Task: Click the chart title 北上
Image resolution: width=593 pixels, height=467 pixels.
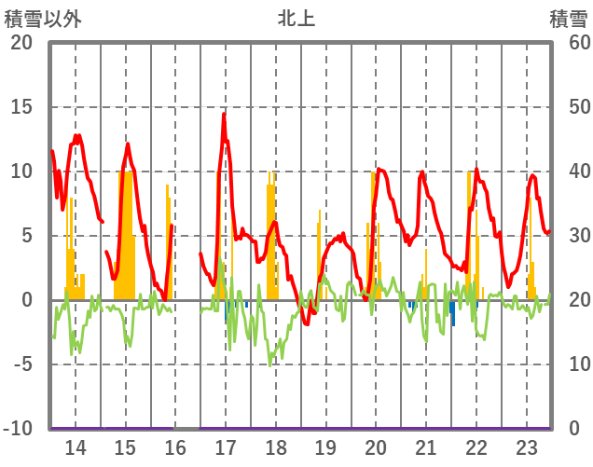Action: [296, 18]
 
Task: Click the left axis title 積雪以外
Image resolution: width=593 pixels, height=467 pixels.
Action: [43, 18]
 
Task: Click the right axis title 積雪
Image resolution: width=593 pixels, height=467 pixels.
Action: [568, 18]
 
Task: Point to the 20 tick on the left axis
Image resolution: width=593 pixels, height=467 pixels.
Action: [21, 43]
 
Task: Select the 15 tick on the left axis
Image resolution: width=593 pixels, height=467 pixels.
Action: [21, 107]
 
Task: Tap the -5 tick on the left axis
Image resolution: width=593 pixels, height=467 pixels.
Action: [21, 364]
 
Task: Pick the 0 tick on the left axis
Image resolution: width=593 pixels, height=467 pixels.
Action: [27, 300]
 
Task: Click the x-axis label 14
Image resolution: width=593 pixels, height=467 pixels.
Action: [75, 446]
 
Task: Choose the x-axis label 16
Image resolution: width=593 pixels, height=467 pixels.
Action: [175, 446]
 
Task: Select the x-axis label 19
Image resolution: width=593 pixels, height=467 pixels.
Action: [325, 446]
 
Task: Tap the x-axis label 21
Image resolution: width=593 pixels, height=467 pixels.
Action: [426, 446]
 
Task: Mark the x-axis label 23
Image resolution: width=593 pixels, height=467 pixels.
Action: [526, 446]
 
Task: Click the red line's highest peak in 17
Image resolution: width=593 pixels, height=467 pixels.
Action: [224, 114]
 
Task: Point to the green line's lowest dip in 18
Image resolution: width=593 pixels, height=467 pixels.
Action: [270, 364]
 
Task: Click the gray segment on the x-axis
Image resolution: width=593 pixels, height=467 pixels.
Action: [187, 429]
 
